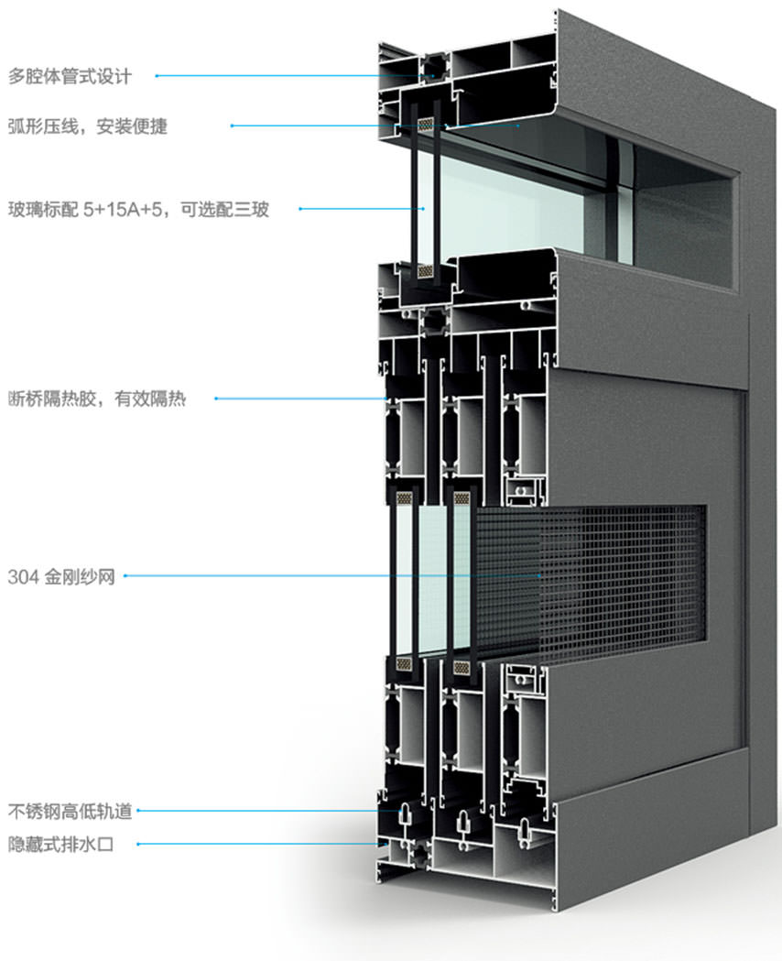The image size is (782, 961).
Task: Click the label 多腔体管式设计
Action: coord(71,76)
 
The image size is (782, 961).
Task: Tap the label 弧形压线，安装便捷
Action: coord(88,126)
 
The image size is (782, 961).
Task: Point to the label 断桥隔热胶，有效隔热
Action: coord(96,399)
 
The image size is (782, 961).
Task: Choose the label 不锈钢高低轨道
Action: coord(70,811)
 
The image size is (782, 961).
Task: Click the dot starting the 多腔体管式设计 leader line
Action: coord(157,76)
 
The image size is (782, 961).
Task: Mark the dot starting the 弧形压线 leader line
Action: coord(232,126)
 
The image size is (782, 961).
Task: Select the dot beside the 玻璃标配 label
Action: coord(299,210)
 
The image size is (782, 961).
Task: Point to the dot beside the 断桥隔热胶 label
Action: coord(215,399)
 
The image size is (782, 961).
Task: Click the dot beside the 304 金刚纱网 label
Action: coord(125,576)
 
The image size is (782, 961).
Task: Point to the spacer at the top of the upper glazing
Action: coord(426,124)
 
